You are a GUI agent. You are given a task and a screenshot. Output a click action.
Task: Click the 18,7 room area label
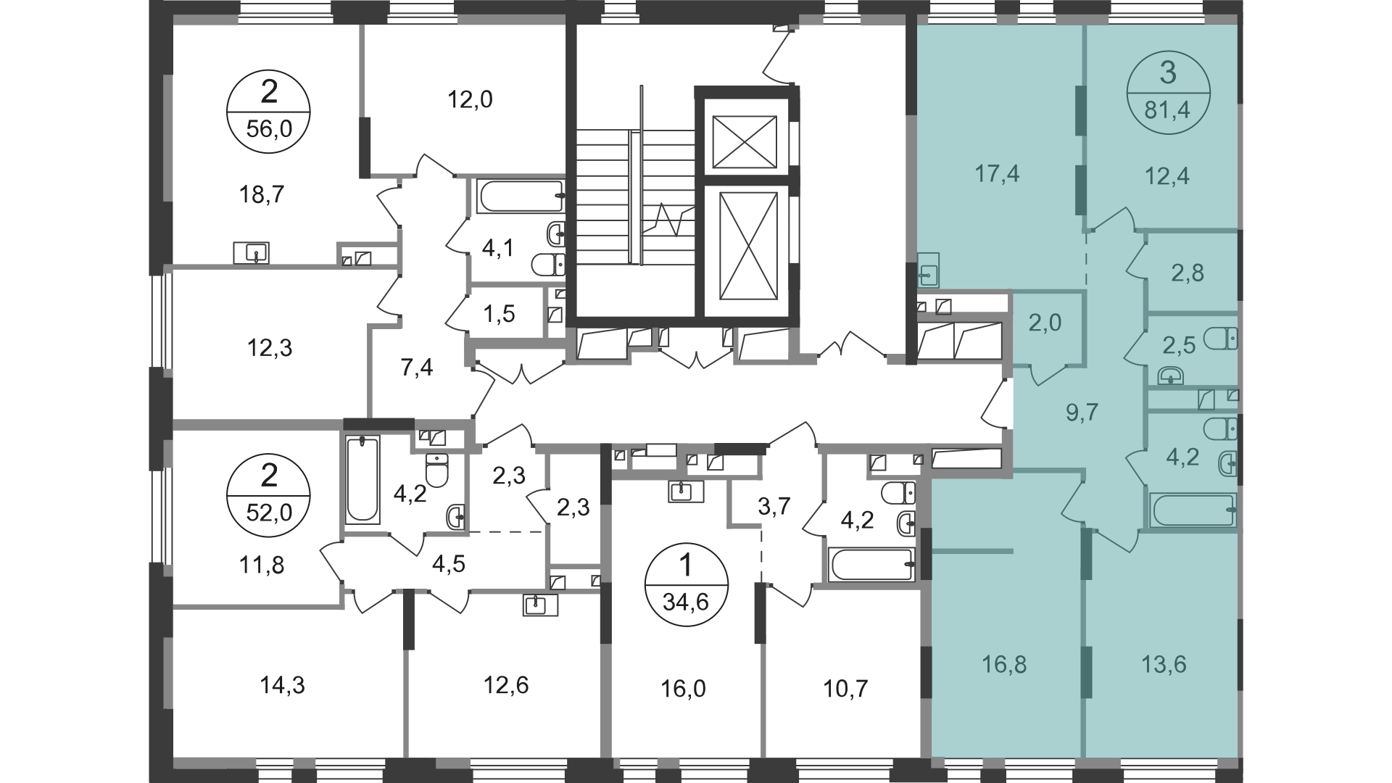pos(262,195)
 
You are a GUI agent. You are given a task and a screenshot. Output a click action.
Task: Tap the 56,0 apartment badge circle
pos(268,114)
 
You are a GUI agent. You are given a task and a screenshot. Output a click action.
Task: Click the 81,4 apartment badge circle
pos(1168,92)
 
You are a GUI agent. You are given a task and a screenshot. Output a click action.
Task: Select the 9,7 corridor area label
pos(1083,413)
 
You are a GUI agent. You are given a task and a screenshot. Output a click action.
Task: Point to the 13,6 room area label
pos(1166,664)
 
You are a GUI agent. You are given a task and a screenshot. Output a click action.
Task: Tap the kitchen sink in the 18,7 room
pos(251,253)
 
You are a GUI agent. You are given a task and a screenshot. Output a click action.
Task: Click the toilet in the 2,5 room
pos(1221,339)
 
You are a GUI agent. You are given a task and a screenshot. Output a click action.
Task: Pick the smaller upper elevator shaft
pos(745,141)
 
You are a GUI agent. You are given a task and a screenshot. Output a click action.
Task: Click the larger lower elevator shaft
pos(748,246)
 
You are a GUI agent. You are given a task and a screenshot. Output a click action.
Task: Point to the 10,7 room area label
pos(845,689)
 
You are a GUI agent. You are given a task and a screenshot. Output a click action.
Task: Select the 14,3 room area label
pos(282,684)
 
